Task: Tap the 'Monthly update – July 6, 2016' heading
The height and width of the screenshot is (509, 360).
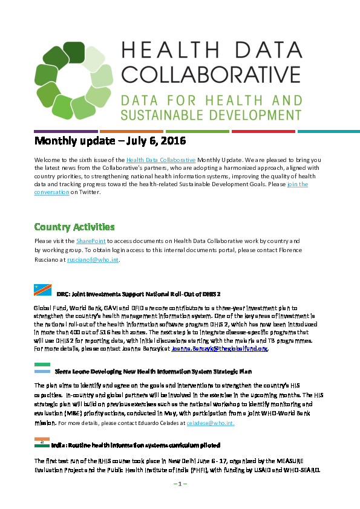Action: (x=110, y=141)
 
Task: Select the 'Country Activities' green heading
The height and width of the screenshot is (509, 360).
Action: (x=74, y=227)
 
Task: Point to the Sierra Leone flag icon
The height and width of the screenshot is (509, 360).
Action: (x=42, y=367)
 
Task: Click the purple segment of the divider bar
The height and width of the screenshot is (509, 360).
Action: (x=66, y=131)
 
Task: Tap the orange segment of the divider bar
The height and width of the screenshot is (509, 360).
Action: (x=131, y=131)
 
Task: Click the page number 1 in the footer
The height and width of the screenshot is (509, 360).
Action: (x=180, y=484)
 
